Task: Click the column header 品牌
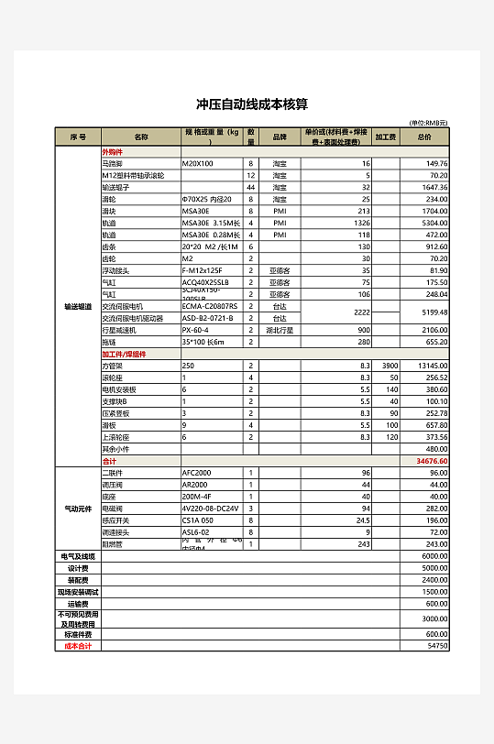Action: click(x=280, y=137)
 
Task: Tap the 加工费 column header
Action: click(x=386, y=137)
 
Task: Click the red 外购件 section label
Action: click(x=112, y=151)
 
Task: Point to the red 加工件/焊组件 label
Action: click(x=124, y=354)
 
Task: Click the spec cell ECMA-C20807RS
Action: click(x=210, y=306)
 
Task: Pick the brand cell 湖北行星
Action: click(x=280, y=330)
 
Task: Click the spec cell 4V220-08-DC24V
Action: click(x=210, y=508)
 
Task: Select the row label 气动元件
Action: click(x=78, y=508)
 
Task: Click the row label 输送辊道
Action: click(x=78, y=306)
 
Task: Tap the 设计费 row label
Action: click(x=78, y=568)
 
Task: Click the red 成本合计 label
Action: click(x=78, y=646)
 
